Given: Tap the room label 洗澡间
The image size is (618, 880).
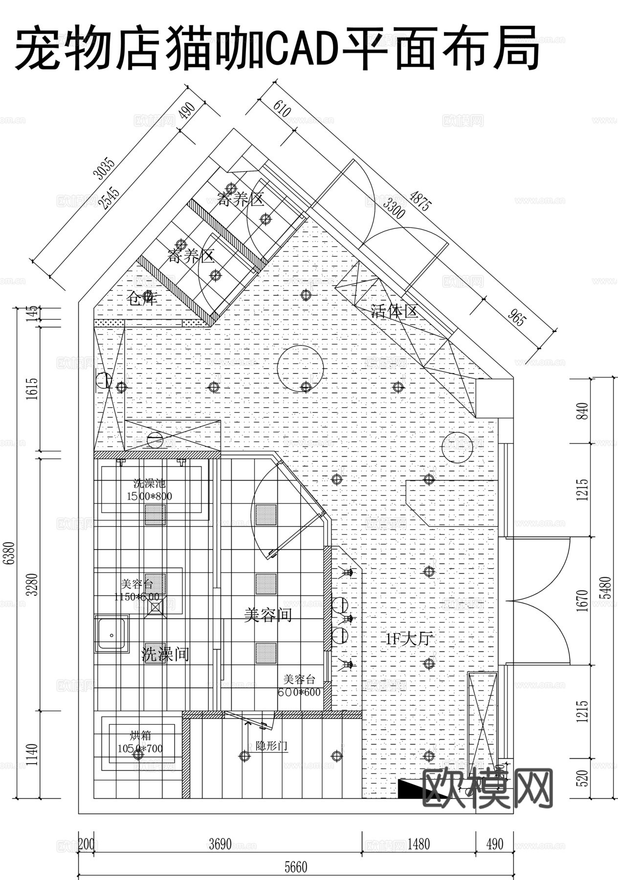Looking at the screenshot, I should point(165,654).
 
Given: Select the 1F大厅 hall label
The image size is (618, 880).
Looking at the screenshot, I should point(410,638).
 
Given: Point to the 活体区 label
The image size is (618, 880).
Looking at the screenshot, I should point(395,311).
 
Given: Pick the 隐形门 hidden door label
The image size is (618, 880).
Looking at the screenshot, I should point(272,746).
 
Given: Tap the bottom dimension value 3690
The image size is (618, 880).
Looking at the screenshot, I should point(220,844).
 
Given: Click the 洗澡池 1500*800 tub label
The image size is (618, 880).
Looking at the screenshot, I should point(150,490).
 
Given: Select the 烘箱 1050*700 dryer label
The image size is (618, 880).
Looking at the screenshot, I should point(140,742).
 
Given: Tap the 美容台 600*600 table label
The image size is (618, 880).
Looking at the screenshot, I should point(299,685).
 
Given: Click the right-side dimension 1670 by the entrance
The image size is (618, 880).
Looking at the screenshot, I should point(582,600).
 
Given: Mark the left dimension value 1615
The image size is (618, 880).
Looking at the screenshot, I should point(32,389).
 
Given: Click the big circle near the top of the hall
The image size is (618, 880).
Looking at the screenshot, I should point(300,368).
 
